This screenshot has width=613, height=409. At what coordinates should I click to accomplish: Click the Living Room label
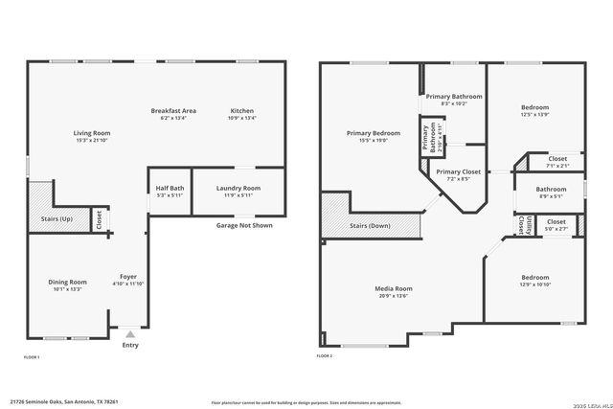(x=93, y=132)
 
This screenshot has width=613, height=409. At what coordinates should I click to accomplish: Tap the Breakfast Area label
(x=173, y=111)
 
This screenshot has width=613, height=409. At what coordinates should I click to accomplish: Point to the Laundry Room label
(x=238, y=189)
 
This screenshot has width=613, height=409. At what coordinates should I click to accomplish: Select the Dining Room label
(x=67, y=282)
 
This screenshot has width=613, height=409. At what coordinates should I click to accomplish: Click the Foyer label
(x=128, y=277)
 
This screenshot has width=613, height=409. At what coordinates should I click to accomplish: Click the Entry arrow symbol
(x=129, y=333)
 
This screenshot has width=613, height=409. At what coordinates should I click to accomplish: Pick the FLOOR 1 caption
(x=32, y=356)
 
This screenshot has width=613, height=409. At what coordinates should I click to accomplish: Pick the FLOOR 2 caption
(x=325, y=356)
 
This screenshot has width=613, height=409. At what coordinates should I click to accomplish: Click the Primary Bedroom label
(x=373, y=133)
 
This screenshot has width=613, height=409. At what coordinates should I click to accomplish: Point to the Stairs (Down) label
(x=370, y=226)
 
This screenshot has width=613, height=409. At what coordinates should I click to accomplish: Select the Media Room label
(x=393, y=288)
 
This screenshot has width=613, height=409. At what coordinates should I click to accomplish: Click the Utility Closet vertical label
(x=521, y=225)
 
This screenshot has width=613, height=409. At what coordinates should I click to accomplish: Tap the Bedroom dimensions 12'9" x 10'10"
(x=534, y=285)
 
